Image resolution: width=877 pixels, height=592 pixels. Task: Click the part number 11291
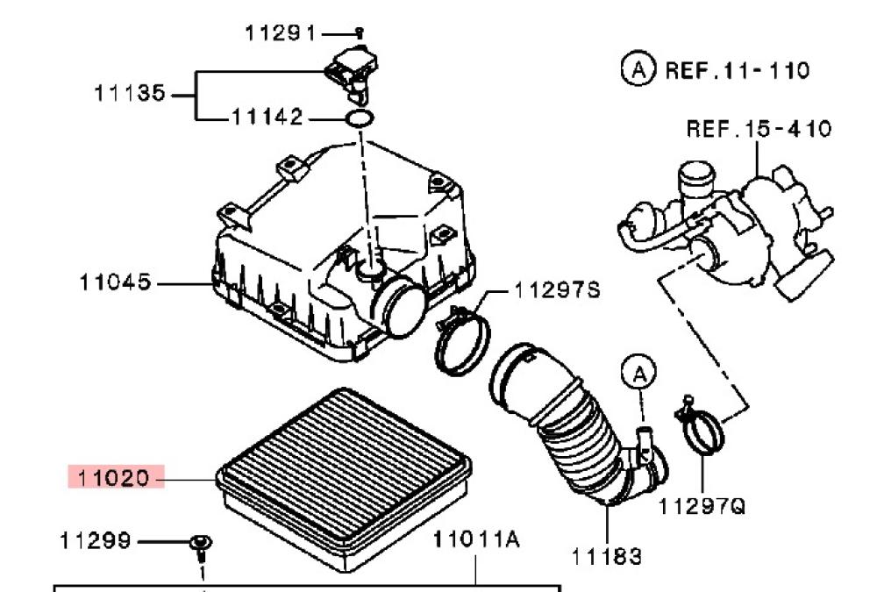coord(281,33)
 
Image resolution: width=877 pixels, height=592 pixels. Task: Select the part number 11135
coord(130,93)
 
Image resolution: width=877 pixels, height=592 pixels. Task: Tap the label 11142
coord(267,117)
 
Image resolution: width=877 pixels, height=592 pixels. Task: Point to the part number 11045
coord(115,282)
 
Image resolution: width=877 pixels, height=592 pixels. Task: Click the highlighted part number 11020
coord(113,478)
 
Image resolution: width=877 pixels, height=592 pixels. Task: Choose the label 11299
coord(95,541)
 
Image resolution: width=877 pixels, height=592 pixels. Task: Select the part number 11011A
coord(476,539)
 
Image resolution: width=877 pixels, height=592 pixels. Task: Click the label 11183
coord(606,557)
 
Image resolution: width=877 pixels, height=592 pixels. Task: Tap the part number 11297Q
coord(702,507)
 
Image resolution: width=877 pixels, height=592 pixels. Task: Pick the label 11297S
coord(557,289)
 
